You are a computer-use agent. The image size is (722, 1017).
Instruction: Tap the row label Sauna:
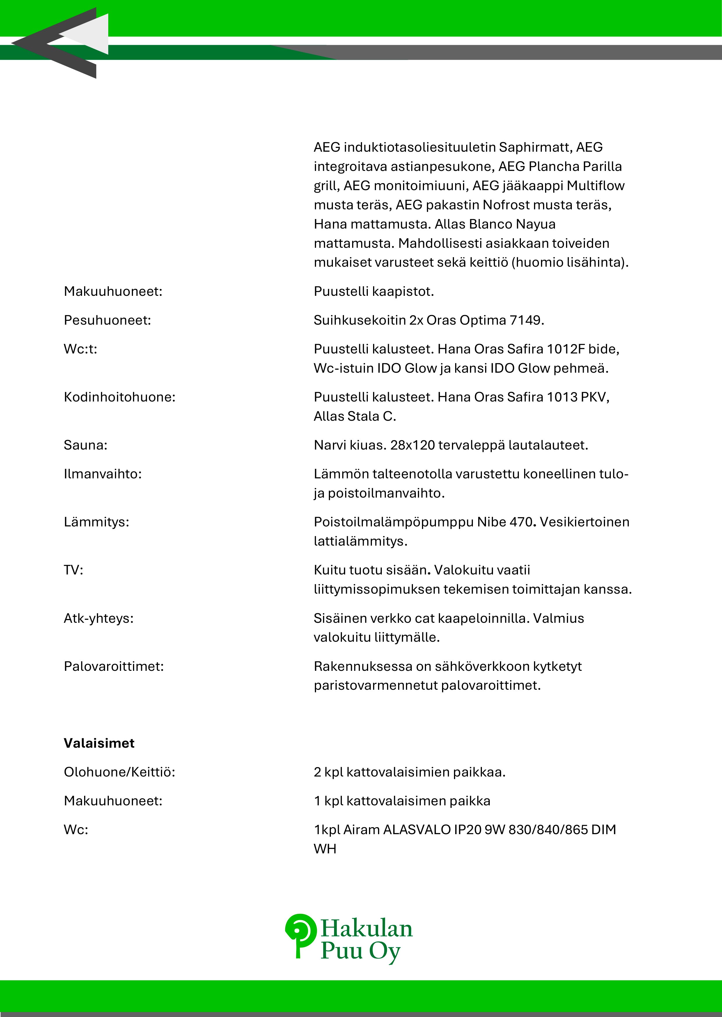pyautogui.click(x=85, y=445)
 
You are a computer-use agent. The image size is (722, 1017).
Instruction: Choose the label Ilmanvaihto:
pyautogui.click(x=103, y=474)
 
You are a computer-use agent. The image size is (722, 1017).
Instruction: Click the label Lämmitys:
pyautogui.click(x=97, y=522)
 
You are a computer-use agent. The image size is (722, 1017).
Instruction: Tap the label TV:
pyautogui.click(x=73, y=570)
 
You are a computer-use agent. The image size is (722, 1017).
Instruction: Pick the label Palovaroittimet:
pyautogui.click(x=114, y=666)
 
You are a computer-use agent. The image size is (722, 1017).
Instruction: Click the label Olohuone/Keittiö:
pyautogui.click(x=120, y=772)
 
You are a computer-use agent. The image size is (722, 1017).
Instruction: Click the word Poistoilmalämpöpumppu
pyautogui.click(x=393, y=522)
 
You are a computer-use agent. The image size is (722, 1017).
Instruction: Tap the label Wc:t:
pyautogui.click(x=81, y=349)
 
